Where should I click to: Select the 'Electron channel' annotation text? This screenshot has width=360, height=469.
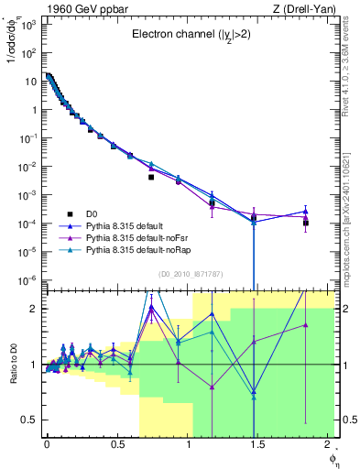(191, 36)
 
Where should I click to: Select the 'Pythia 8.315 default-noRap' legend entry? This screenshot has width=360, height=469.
(142, 249)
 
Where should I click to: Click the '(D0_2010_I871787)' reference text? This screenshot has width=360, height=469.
(191, 273)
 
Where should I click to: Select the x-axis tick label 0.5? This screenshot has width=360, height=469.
(116, 443)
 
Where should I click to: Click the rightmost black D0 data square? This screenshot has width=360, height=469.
(306, 223)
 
